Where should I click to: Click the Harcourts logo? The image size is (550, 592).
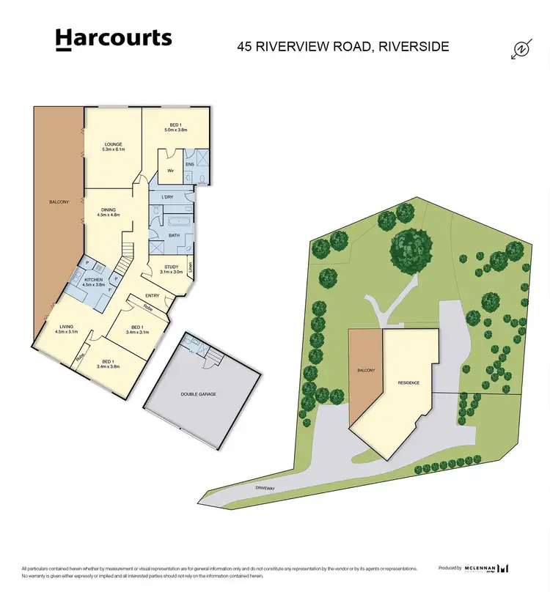(114, 39)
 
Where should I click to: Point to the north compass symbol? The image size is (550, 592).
(521, 49)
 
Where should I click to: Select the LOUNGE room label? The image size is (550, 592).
(113, 147)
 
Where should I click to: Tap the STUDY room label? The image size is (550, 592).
(172, 269)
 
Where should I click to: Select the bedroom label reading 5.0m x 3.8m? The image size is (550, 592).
(175, 127)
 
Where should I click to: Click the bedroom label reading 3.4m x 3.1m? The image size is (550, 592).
(138, 330)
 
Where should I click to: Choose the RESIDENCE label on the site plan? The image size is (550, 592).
(408, 382)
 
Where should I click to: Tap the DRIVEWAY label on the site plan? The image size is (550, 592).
(265, 486)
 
